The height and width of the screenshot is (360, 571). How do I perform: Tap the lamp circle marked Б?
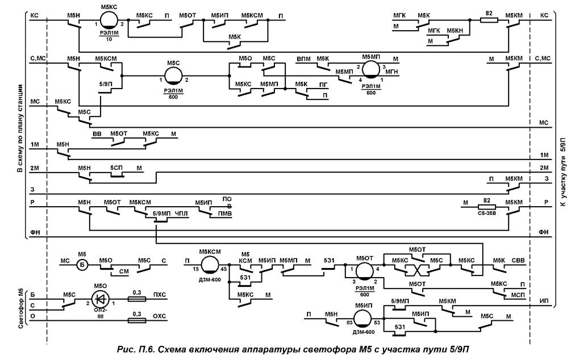[x=81, y=262]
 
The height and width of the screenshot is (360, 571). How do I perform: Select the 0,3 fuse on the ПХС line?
[x=136, y=296]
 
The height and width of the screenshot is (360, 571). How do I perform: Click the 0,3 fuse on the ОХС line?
[x=136, y=321]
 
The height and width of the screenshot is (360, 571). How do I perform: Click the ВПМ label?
[x=304, y=59]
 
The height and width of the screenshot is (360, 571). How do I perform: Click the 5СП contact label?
[x=116, y=169]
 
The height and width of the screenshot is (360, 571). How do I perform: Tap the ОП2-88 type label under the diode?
[x=100, y=312]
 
